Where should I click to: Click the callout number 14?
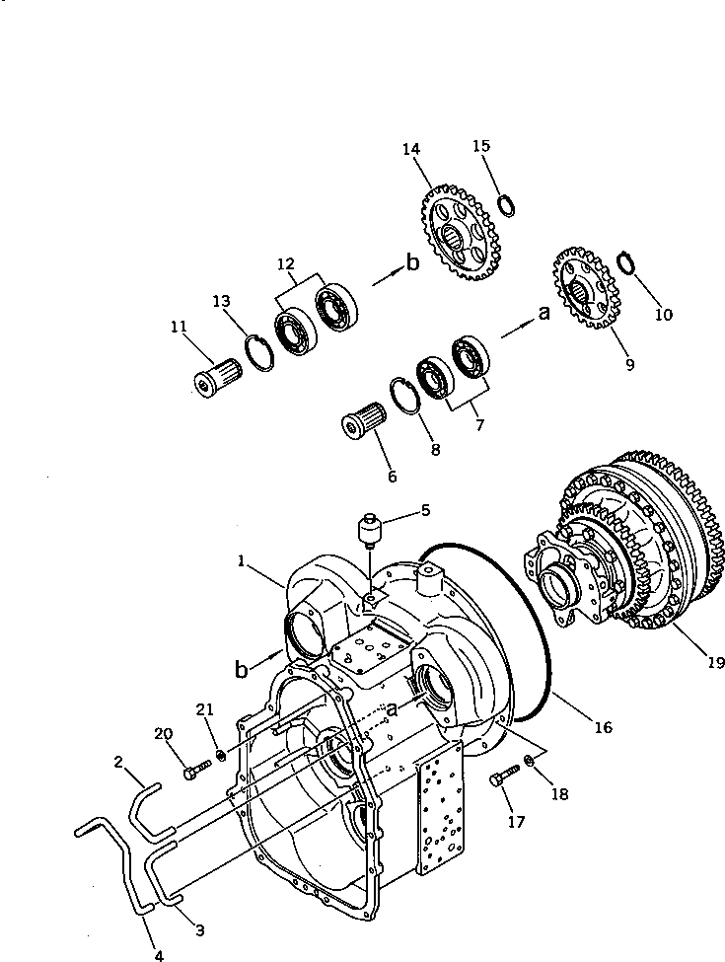[410, 149]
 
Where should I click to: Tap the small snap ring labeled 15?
[506, 205]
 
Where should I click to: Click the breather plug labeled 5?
[371, 533]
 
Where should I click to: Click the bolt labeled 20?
[195, 770]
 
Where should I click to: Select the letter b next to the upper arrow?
[412, 263]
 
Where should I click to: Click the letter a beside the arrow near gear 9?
[542, 315]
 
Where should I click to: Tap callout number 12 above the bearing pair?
[285, 263]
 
